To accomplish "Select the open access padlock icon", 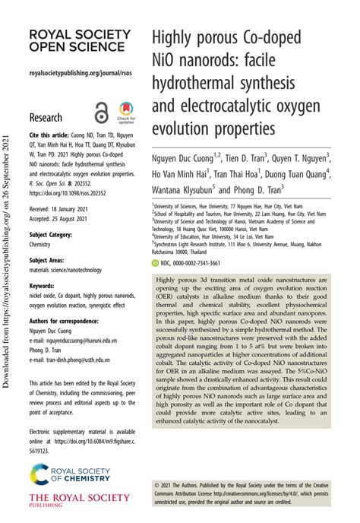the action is point(101,113).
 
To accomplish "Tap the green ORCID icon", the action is point(155,261).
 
